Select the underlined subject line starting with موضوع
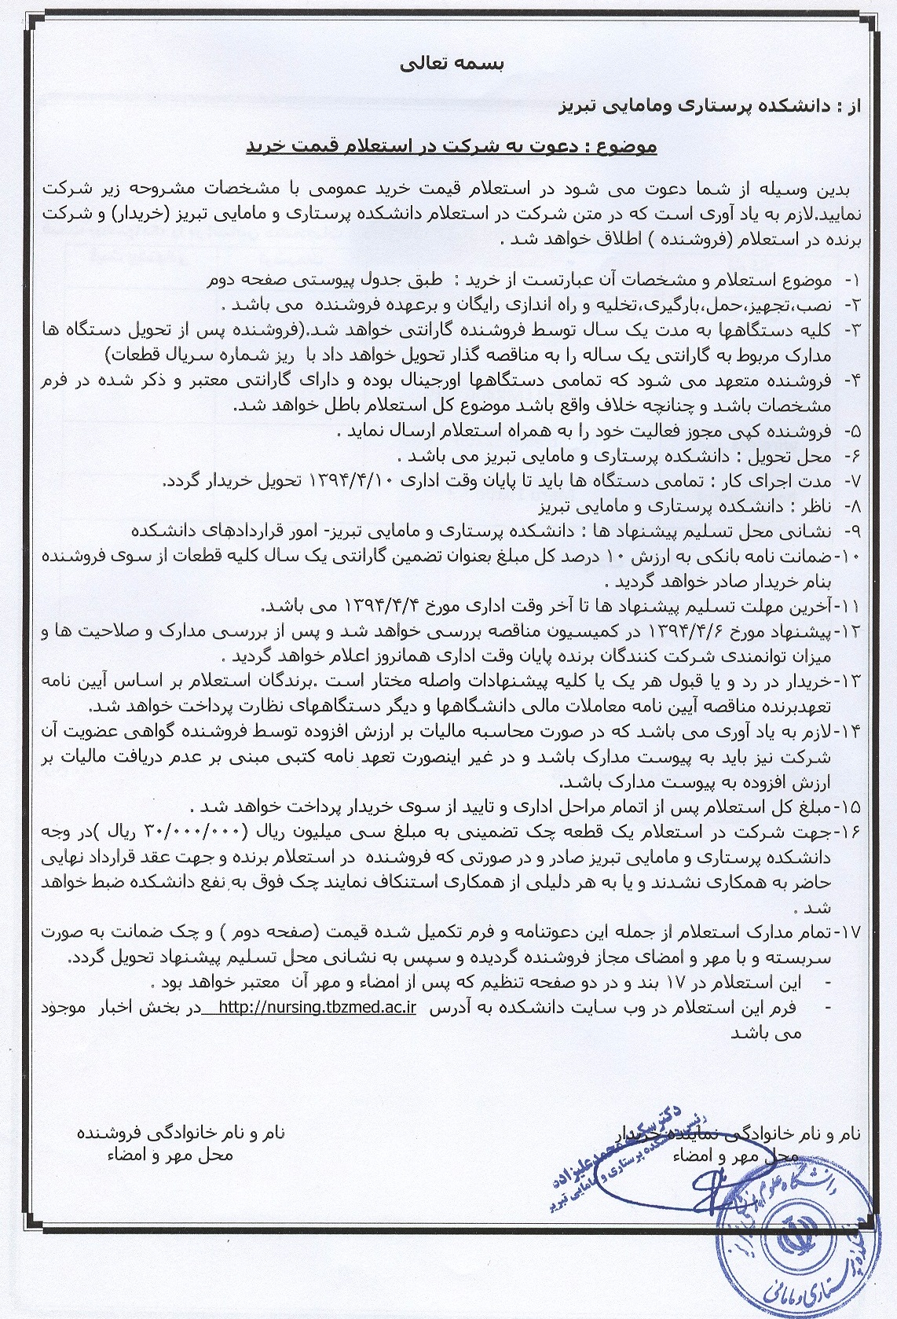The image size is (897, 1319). click(x=452, y=147)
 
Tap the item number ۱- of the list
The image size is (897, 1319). click(x=851, y=281)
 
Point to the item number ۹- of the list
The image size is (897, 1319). click(x=851, y=531)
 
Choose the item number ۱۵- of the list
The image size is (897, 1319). click(x=849, y=806)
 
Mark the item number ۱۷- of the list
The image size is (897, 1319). click(x=849, y=932)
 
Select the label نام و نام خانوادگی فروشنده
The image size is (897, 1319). click(x=181, y=1133)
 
